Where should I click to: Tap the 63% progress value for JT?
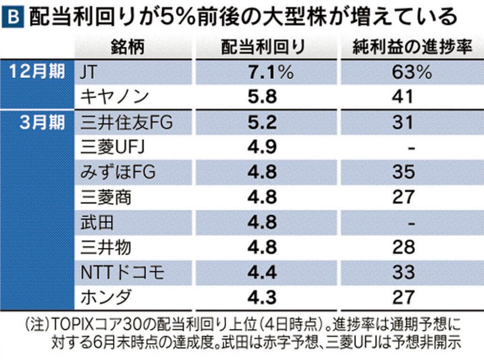[404, 72]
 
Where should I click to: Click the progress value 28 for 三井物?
[404, 248]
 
